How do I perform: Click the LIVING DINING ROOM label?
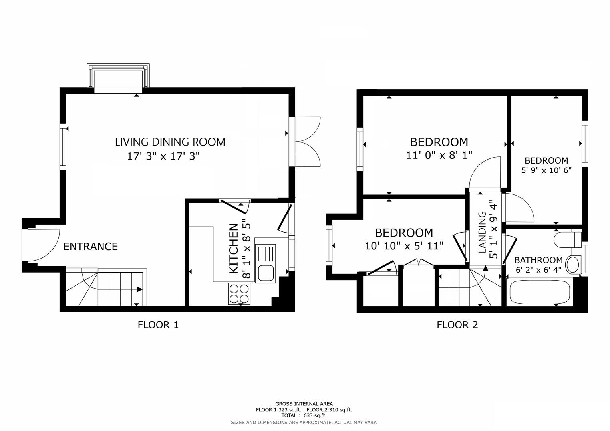coord(170,142)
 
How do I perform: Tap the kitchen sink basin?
coord(266,273)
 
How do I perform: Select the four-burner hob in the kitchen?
coord(239,294)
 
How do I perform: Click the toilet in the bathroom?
coord(567,240)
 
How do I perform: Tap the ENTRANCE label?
coord(91,247)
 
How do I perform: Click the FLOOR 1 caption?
coord(158,325)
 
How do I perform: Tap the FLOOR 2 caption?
coord(457,325)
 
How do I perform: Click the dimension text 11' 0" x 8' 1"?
coord(439,155)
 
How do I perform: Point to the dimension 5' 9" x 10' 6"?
coord(546,170)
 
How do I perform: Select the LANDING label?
coord(483,232)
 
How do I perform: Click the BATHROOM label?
coord(538,260)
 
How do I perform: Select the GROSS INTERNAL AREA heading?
coord(304,404)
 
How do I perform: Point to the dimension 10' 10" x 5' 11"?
coord(404,246)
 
